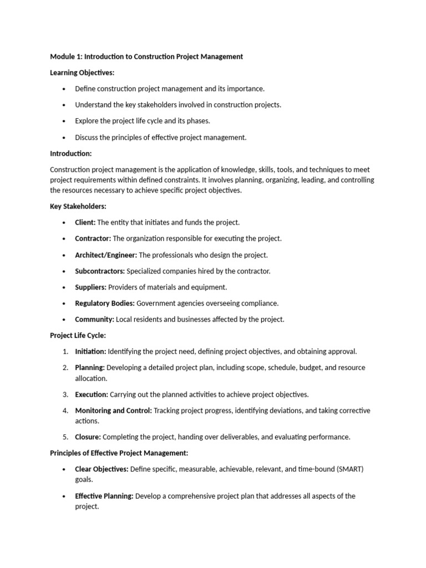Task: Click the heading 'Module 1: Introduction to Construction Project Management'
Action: (146, 57)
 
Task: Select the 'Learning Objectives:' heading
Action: (82, 73)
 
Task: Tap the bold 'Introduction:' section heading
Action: (71, 153)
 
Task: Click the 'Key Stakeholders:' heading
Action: (78, 206)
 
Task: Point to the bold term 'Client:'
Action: (85, 222)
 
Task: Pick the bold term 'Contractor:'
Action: (93, 239)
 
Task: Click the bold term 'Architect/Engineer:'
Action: (106, 255)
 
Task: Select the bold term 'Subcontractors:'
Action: (100, 271)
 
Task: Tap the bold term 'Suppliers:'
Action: (91, 287)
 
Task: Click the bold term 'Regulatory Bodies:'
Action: (105, 303)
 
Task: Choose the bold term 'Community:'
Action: (94, 319)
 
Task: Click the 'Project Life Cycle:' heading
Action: (78, 336)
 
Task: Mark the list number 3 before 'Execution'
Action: (65, 394)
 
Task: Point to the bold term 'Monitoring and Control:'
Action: (113, 410)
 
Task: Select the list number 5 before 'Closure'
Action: (65, 437)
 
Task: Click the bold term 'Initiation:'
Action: (90, 352)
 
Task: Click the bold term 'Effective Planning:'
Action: (104, 496)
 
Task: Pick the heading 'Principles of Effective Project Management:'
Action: (119, 453)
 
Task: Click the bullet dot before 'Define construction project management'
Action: (64, 89)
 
